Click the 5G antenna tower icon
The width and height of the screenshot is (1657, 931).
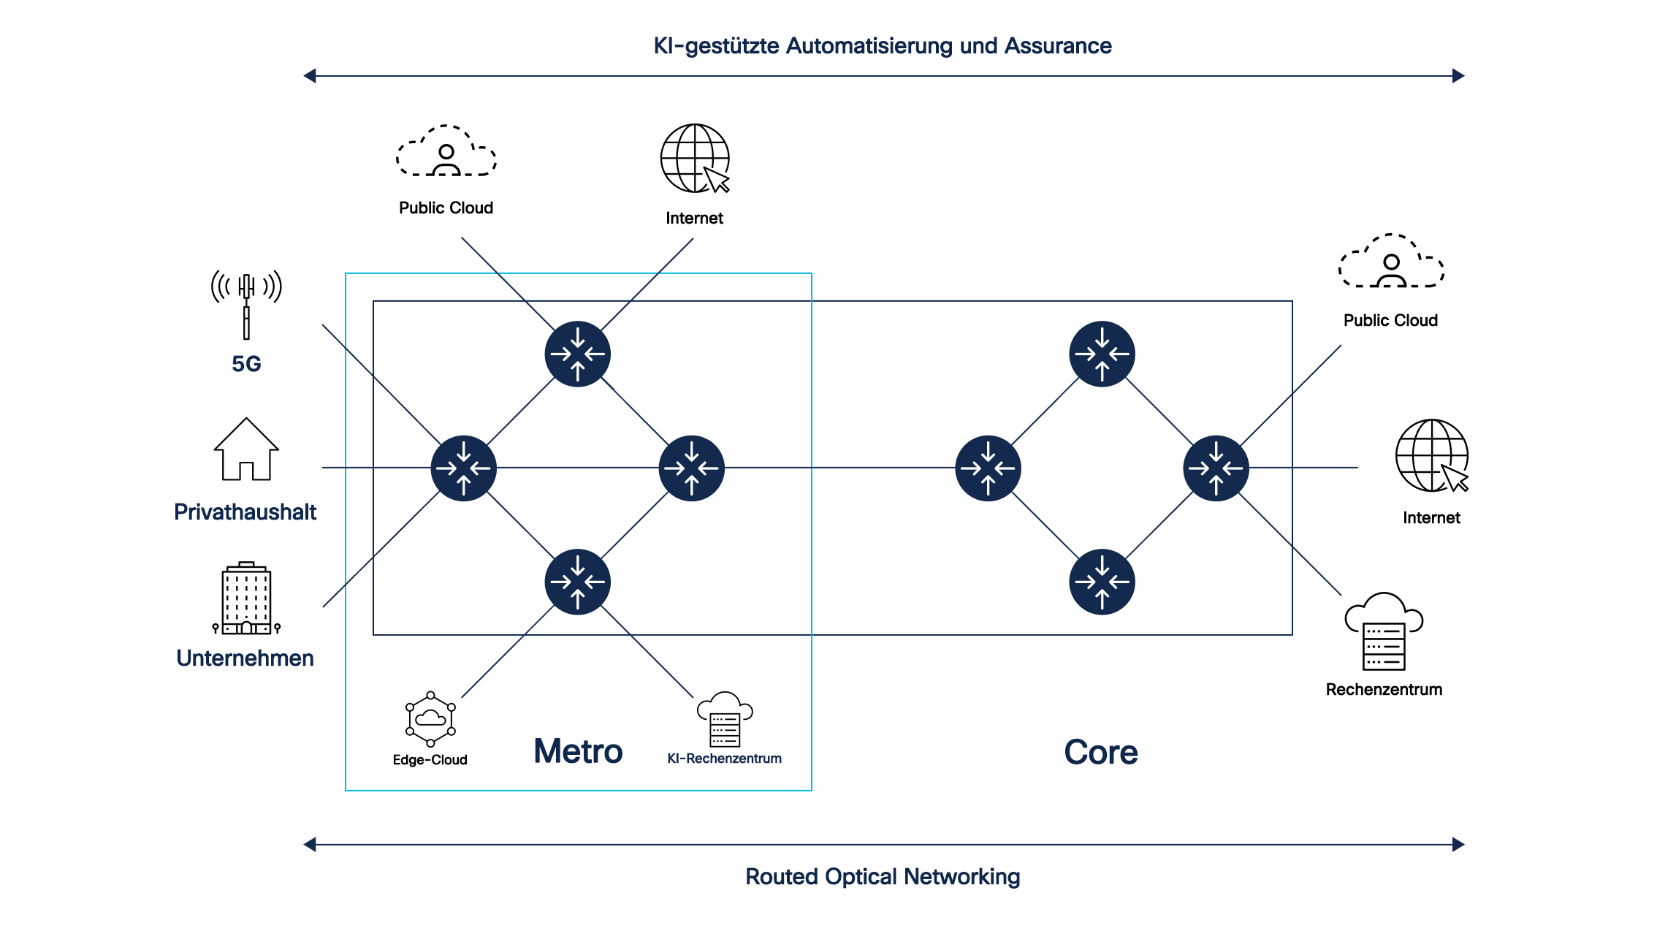[246, 305]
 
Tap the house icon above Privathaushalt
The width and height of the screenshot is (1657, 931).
[246, 449]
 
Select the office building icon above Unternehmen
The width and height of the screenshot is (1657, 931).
[246, 598]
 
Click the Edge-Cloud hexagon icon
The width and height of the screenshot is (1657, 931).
[431, 719]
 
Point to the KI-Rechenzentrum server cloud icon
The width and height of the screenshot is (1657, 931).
[725, 719]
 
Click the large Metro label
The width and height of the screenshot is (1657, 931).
[578, 751]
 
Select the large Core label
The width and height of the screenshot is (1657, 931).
[1101, 752]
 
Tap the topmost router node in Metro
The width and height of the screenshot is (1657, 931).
[578, 354]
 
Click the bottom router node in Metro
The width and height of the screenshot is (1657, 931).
[578, 582]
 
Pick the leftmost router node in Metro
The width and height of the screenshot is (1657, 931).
[464, 468]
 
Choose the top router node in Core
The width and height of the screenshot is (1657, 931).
[1102, 354]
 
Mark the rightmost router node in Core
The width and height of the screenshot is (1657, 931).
[1216, 468]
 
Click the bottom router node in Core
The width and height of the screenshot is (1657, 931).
[1102, 582]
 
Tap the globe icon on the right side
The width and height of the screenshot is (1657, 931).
[1432, 456]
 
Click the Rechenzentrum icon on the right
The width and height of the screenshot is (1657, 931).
[1384, 631]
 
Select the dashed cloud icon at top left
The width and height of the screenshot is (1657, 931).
[446, 151]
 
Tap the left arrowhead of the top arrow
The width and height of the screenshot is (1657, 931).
[310, 76]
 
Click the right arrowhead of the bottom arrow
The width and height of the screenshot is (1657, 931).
[1458, 845]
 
